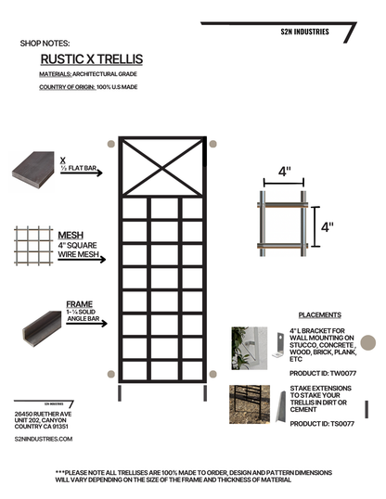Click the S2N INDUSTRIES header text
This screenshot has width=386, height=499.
click(304, 31)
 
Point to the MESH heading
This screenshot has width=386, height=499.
click(71, 236)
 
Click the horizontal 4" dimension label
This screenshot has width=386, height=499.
click(284, 172)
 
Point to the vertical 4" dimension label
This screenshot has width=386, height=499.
click(327, 225)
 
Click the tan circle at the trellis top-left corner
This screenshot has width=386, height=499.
click(111, 144)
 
